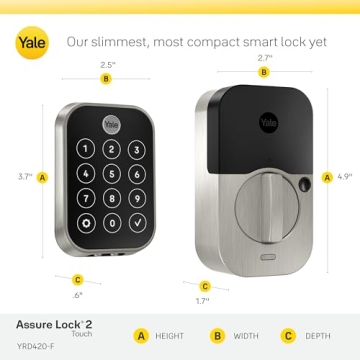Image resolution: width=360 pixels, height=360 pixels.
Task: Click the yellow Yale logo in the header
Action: tap(29, 43)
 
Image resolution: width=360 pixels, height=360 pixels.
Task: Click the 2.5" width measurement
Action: tap(106, 64)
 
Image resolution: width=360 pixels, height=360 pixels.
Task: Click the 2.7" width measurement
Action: tap(264, 59)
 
